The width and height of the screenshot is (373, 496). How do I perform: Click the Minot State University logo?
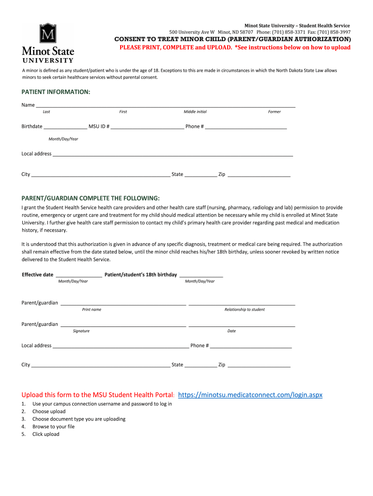click(47, 43)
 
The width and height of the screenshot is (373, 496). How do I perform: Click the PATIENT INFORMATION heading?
click(56, 92)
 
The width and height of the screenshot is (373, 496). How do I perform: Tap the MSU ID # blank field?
click(147, 127)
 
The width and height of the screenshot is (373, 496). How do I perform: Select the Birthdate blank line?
click(65, 127)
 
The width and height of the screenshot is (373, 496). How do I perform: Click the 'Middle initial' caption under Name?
click(195, 112)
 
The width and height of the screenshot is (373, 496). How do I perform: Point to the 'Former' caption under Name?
click(274, 112)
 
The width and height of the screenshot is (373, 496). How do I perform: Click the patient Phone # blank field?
click(246, 127)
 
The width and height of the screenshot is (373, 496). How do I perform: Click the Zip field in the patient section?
click(259, 175)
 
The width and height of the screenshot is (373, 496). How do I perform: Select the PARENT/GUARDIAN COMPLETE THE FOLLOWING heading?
click(90, 199)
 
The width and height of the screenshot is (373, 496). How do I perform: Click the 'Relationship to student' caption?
click(244, 310)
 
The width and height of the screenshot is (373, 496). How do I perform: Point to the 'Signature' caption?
click(81, 331)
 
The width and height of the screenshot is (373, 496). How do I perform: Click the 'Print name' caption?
click(92, 310)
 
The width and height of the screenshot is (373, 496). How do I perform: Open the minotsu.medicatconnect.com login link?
click(250, 395)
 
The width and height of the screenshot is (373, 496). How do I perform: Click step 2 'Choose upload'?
click(48, 411)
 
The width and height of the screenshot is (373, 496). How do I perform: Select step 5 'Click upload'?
click(46, 434)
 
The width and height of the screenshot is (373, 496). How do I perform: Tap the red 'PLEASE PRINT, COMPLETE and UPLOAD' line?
click(235, 47)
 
